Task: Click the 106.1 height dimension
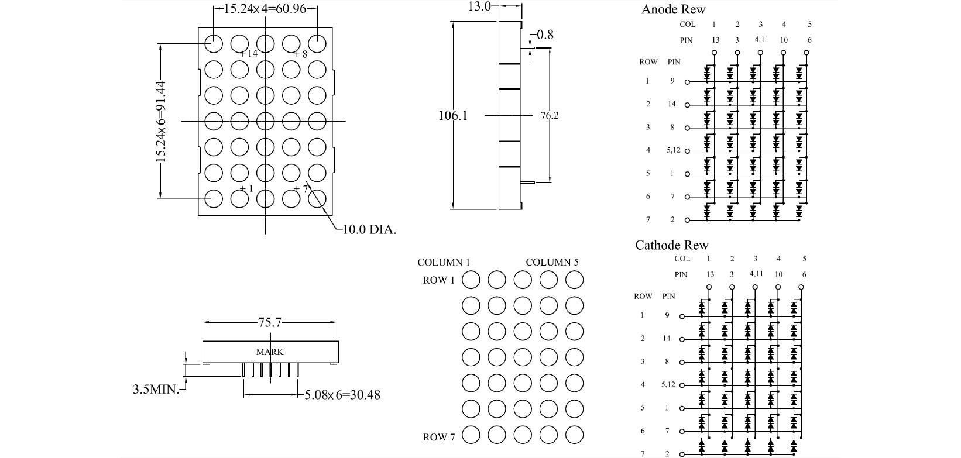(x=453, y=115)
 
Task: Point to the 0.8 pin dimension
(x=545, y=35)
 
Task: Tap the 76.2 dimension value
(x=549, y=115)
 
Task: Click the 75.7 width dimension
(x=270, y=322)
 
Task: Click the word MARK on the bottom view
(x=270, y=352)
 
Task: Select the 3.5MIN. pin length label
(x=156, y=389)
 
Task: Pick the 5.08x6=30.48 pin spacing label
(x=342, y=395)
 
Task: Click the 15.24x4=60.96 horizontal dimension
(x=265, y=9)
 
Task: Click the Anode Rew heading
(x=673, y=9)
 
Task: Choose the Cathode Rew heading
(x=671, y=245)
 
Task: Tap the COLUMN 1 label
(x=444, y=262)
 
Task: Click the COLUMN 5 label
(x=552, y=262)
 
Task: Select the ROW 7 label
(x=439, y=437)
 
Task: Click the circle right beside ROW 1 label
(x=471, y=280)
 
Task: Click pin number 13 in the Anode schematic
(x=715, y=40)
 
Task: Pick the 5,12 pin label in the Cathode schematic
(x=668, y=384)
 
